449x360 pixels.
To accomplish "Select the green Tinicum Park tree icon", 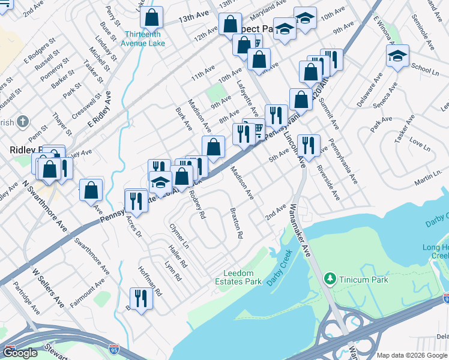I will tap(330, 278).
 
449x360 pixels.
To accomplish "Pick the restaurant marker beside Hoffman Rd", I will tap(141, 298).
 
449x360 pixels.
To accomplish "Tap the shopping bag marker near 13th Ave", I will tap(152, 18).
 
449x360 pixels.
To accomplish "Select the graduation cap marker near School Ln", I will tap(397, 56).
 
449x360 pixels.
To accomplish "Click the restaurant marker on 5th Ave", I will tap(309, 145).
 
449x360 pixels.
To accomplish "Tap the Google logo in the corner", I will tap(20, 353).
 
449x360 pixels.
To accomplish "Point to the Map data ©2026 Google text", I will tap(412, 355).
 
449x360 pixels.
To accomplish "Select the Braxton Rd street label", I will tap(236, 223).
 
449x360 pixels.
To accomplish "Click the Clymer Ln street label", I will tap(179, 237).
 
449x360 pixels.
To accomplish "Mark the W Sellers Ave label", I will tap(47, 288).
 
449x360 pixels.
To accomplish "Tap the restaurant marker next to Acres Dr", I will tap(136, 200).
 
